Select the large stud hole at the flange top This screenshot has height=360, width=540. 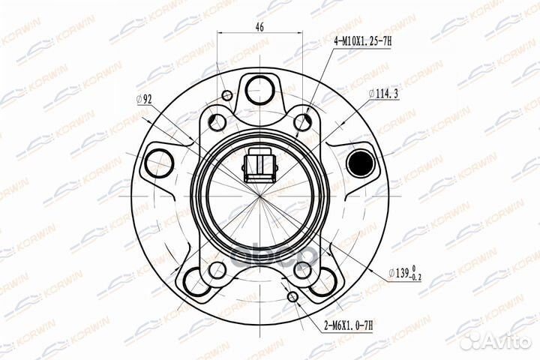coord(259,85)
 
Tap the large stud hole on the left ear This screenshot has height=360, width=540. coord(158,161)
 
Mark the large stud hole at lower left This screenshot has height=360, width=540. coord(197,280)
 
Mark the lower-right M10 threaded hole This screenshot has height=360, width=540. coord(302,268)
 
